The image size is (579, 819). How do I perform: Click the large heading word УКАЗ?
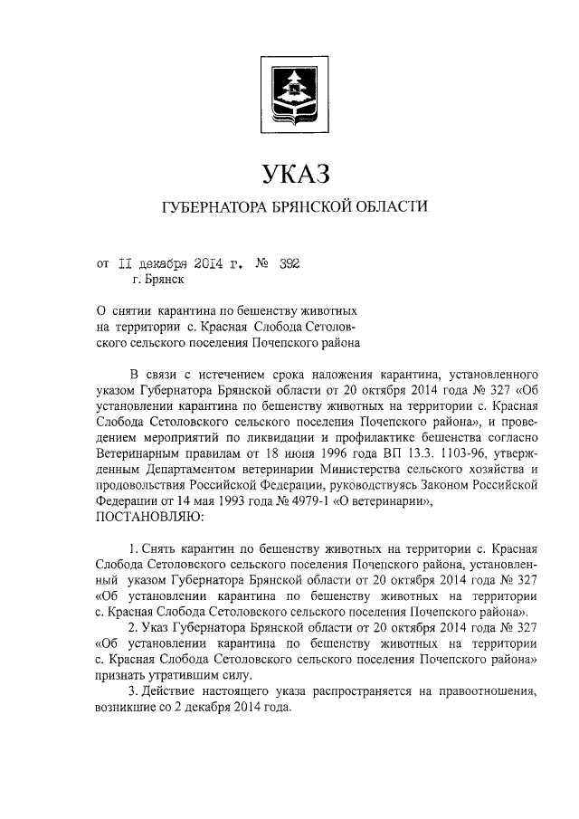(289, 172)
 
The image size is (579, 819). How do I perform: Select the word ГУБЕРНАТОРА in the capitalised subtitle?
(214, 208)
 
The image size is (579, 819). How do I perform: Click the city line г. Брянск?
(163, 281)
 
